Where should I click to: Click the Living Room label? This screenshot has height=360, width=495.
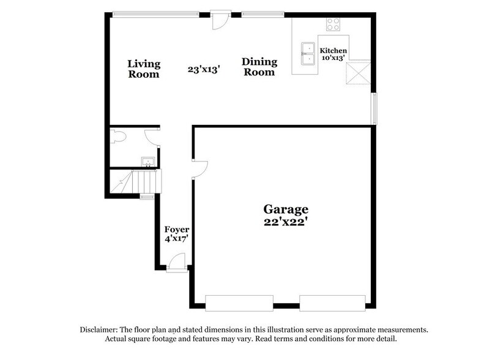tap(144, 69)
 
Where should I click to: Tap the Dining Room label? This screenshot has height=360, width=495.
tap(259, 67)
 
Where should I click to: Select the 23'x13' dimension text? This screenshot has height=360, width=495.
tap(204, 69)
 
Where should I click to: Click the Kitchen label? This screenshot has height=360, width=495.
tap(333, 50)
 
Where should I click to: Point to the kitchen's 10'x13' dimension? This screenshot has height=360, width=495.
tap(333, 58)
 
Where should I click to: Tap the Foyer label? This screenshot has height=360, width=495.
tap(176, 230)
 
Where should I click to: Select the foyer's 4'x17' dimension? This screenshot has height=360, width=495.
tap(176, 239)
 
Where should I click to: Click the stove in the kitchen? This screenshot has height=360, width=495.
tap(333, 24)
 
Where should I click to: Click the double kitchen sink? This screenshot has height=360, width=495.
tap(308, 54)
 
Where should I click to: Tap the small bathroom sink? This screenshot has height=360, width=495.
tap(147, 162)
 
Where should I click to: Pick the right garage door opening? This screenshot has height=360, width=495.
tap(332, 302)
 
